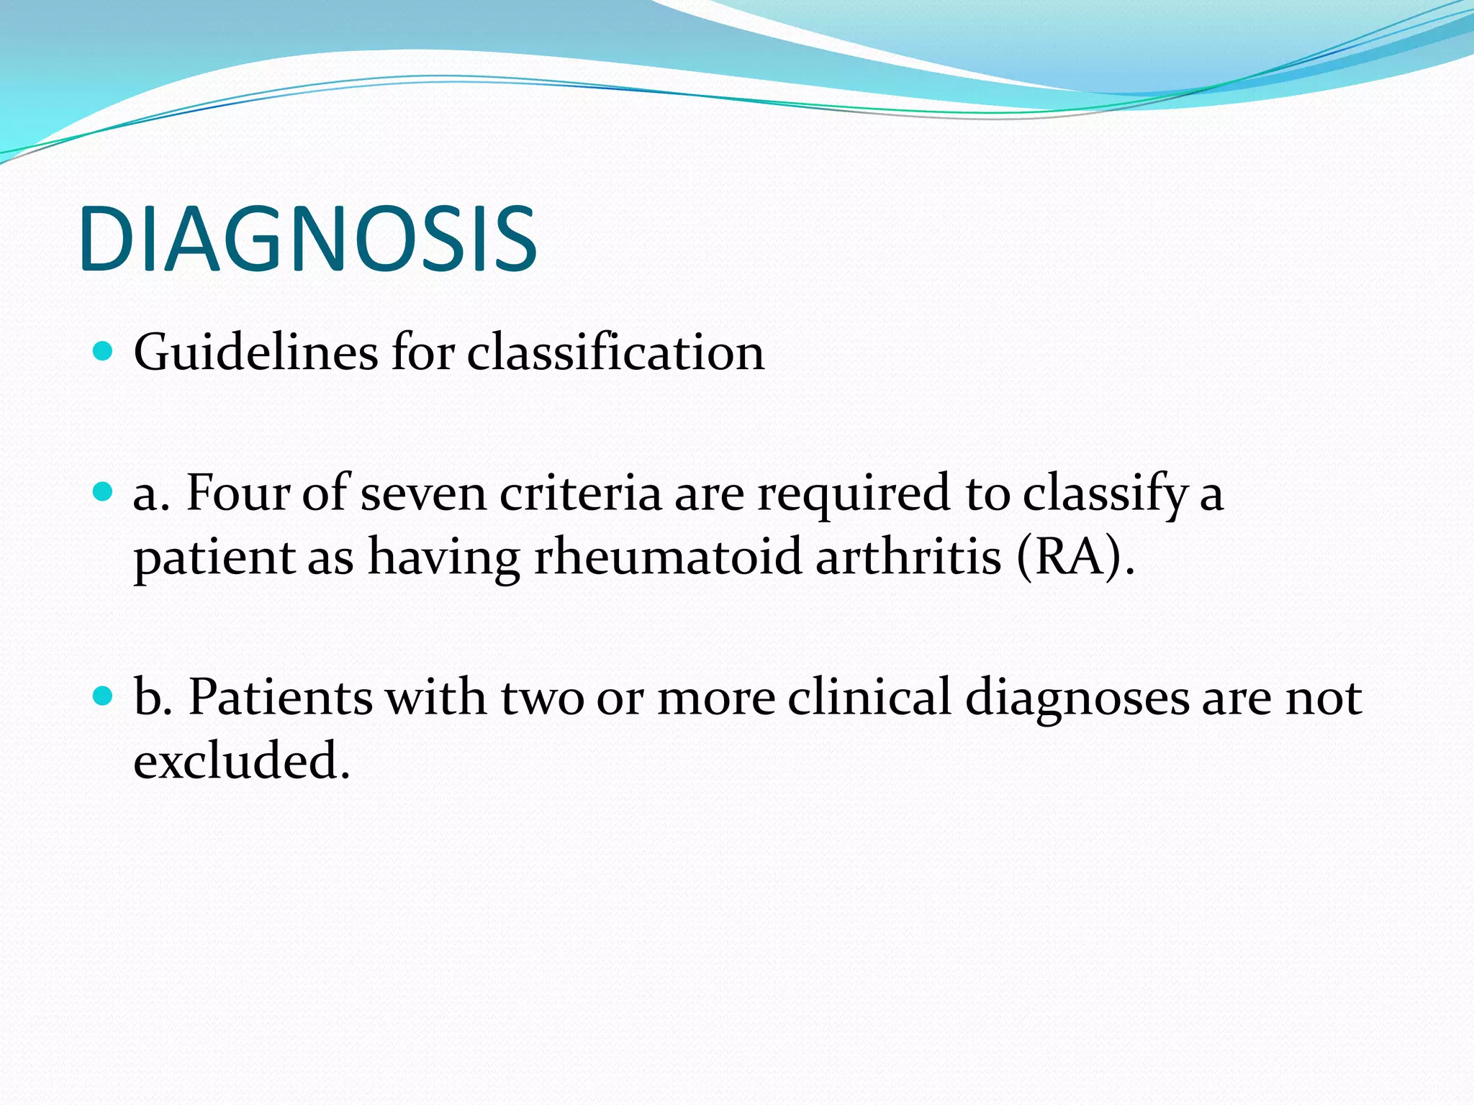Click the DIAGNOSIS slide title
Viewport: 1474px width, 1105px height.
(x=308, y=239)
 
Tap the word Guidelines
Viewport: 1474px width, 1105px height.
(x=256, y=353)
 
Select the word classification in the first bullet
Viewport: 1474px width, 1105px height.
(x=615, y=353)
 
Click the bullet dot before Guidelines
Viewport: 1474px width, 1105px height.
(x=104, y=351)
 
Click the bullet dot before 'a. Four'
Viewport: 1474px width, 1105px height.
(x=104, y=492)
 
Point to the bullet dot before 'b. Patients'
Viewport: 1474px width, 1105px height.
(x=104, y=696)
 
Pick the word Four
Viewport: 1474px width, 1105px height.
(x=238, y=494)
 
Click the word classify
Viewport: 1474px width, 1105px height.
(x=1104, y=494)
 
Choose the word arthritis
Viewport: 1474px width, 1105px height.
(x=908, y=558)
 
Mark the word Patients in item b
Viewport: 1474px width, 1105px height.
(x=280, y=697)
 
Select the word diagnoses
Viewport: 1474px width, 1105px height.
(x=1077, y=697)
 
